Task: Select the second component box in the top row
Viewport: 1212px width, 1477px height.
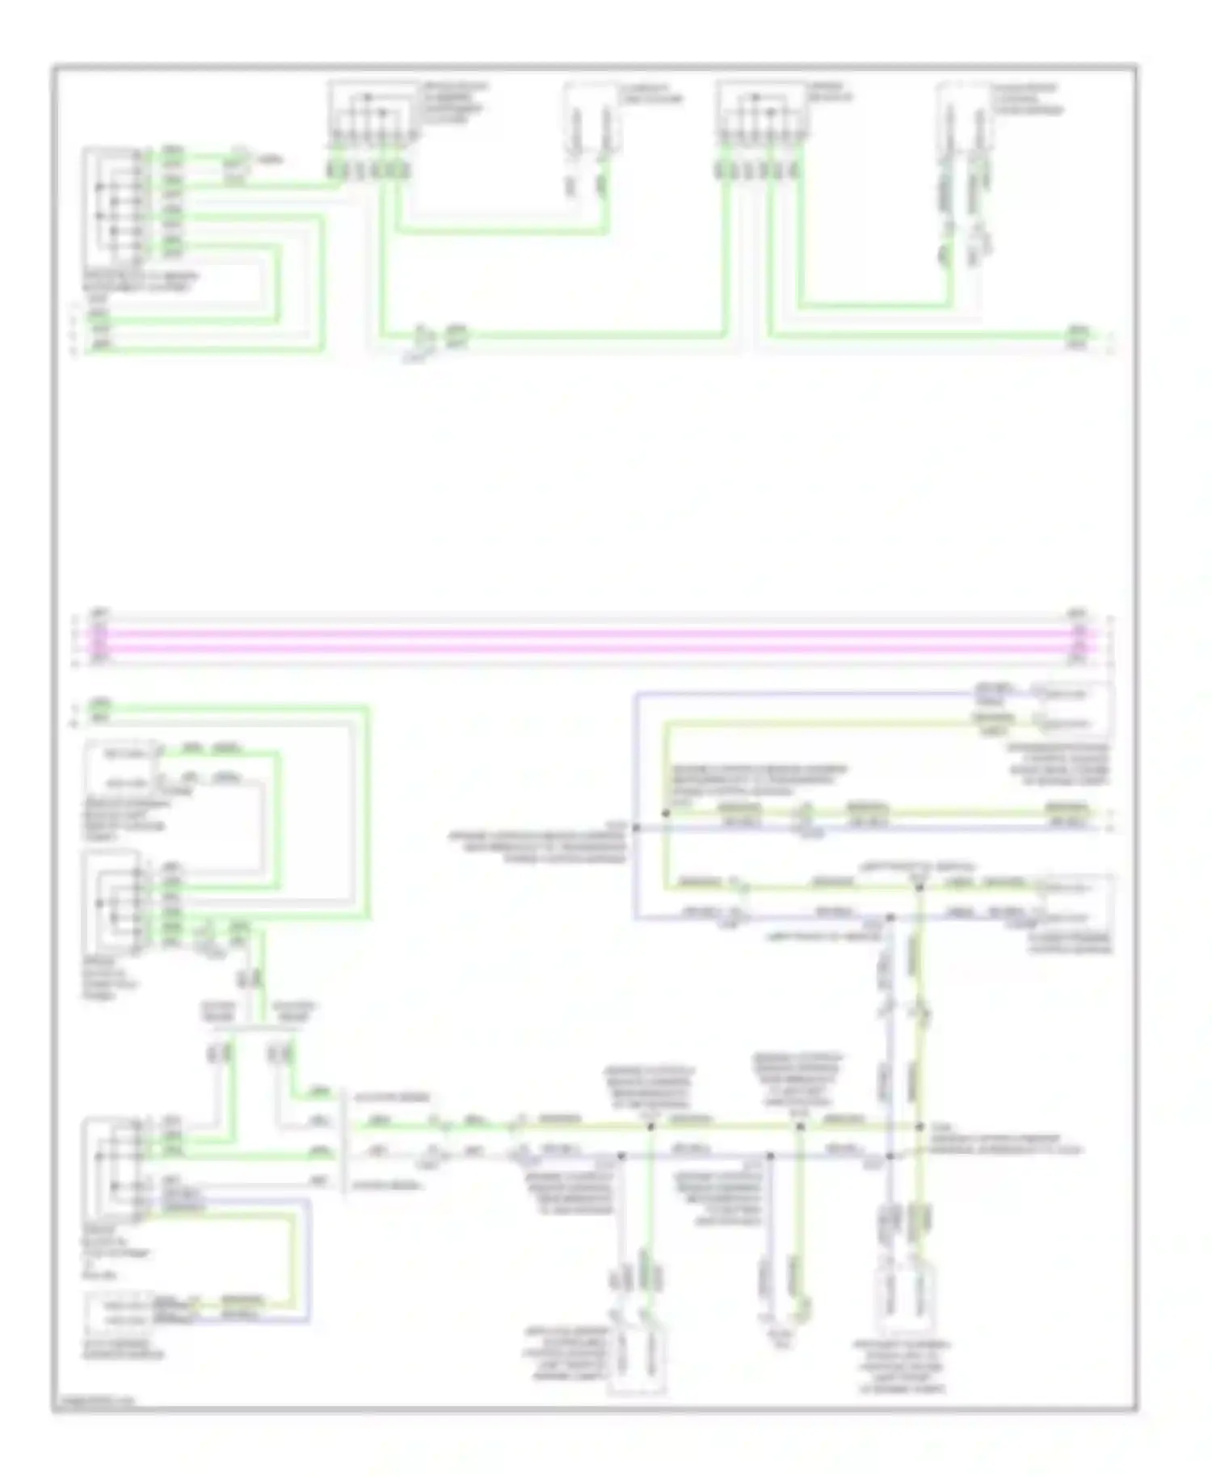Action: click(x=372, y=113)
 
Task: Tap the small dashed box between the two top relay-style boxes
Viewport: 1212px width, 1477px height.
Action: click(x=592, y=119)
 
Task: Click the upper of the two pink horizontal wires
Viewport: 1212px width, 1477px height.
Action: click(x=590, y=634)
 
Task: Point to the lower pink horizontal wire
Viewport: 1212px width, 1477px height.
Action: click(x=590, y=648)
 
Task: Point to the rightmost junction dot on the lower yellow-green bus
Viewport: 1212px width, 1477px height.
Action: click(x=920, y=1126)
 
